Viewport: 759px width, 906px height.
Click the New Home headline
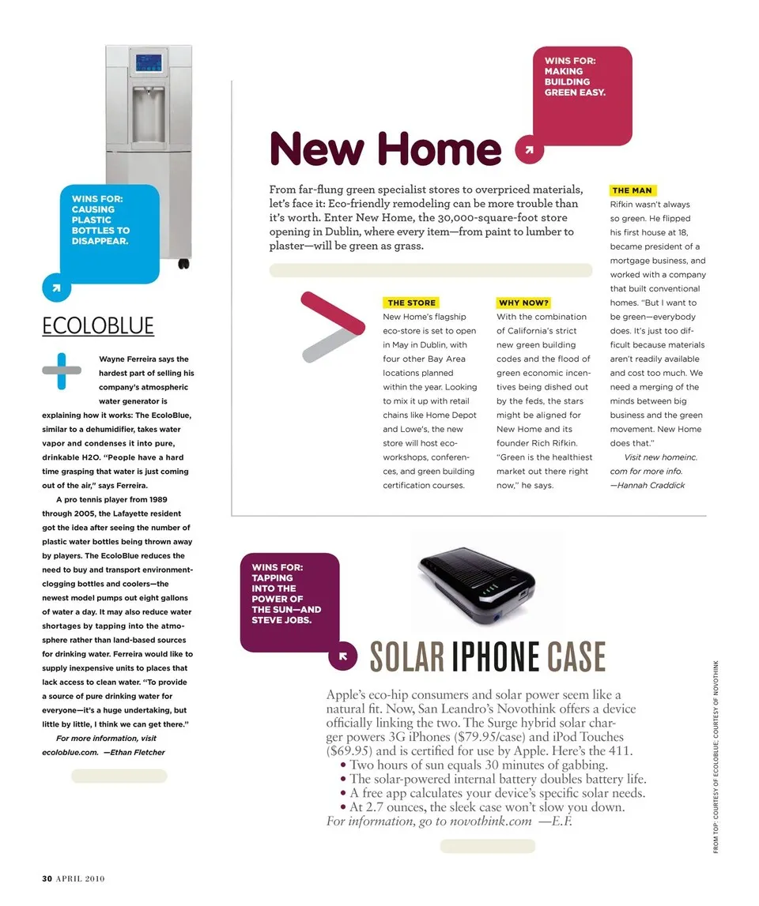point(386,148)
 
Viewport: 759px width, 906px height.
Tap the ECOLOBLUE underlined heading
point(98,326)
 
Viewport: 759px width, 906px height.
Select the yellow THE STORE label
point(411,303)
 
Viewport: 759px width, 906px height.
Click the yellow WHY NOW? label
point(524,303)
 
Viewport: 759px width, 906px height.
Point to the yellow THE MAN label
point(632,190)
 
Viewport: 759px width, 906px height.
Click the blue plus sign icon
point(62,370)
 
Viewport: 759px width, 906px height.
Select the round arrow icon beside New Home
point(529,149)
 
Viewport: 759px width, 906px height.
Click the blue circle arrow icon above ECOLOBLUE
point(56,287)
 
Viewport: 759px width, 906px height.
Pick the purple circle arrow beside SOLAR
point(342,656)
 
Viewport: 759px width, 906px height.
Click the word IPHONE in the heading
point(495,657)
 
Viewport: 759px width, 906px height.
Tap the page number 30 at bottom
point(47,878)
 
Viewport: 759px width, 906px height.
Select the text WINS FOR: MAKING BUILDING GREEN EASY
point(575,77)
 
